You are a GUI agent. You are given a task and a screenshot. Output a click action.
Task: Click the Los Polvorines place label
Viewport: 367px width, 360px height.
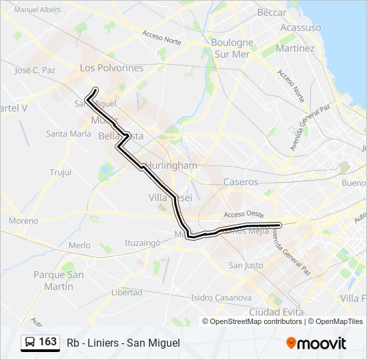[x=111, y=68]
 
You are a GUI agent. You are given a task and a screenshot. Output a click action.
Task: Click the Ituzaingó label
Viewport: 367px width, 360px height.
[x=143, y=243]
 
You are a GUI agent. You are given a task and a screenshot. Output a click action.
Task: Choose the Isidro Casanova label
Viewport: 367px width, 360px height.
[x=220, y=297]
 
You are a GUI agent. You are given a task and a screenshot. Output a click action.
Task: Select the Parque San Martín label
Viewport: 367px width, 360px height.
[x=59, y=280]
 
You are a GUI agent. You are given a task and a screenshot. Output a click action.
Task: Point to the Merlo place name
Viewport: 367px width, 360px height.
[x=79, y=245]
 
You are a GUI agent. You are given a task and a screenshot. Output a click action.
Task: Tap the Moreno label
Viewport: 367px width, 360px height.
[x=23, y=220]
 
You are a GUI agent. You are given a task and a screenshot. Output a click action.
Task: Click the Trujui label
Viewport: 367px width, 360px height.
[x=60, y=172]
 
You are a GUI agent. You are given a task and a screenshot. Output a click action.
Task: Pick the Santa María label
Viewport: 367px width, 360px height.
[x=68, y=133]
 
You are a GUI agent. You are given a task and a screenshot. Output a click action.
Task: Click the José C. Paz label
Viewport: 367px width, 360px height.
[x=35, y=69]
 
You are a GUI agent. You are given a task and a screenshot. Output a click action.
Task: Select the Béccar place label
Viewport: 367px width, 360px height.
[x=272, y=12]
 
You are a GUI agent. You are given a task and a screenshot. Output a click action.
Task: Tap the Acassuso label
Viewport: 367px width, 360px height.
[x=300, y=27]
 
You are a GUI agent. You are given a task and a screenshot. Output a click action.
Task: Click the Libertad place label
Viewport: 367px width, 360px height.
[x=127, y=292]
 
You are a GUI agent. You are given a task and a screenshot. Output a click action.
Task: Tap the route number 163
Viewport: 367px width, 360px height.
[x=47, y=342]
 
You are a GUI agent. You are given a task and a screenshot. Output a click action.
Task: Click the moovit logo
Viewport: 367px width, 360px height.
[x=316, y=343]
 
